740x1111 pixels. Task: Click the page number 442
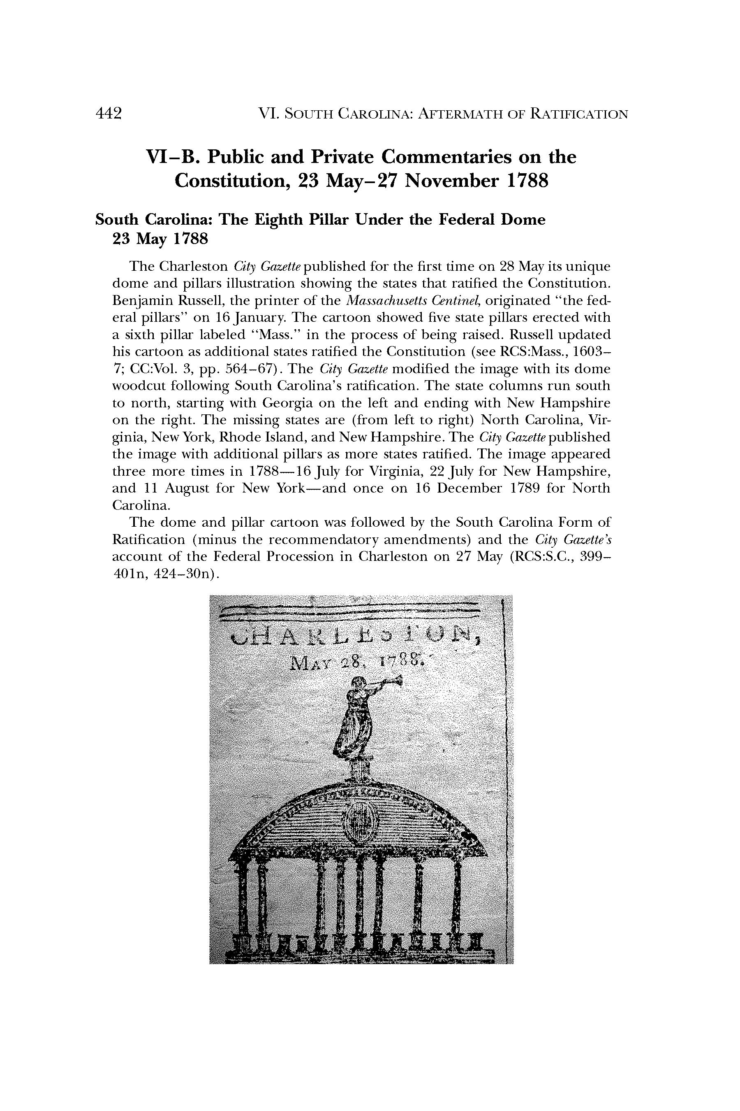point(109,114)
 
